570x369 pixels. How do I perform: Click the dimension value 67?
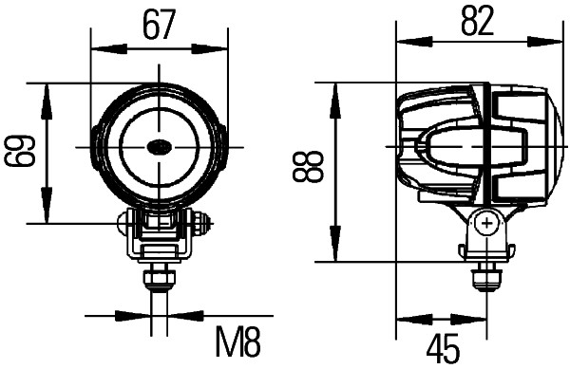point(160,23)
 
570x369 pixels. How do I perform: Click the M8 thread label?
point(237,341)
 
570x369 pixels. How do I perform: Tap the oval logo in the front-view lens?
point(159,147)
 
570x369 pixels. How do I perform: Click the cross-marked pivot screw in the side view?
point(487,224)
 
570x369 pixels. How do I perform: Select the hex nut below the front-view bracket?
point(159,278)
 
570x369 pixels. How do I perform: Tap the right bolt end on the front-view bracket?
point(200,225)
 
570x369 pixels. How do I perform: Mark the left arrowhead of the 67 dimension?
point(97,44)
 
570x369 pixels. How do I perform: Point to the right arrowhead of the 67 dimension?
point(221,44)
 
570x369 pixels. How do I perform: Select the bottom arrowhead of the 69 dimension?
point(45,215)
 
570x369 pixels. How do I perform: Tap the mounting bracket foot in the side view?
point(487,251)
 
